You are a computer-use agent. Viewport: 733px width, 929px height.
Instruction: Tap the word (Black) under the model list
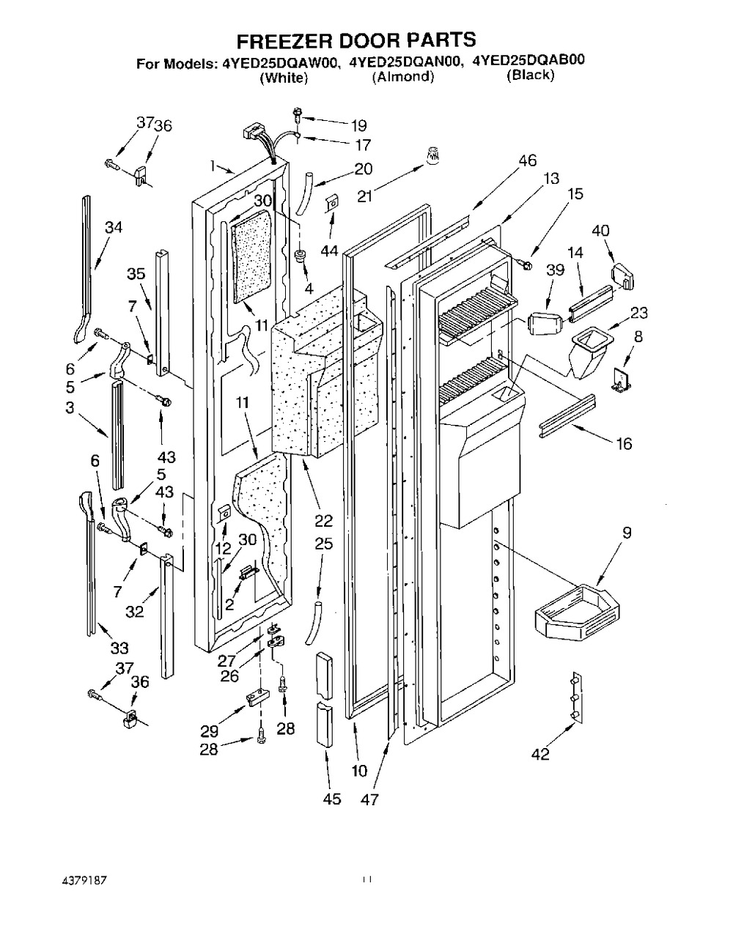(x=530, y=75)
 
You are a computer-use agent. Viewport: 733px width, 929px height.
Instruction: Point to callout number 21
(x=365, y=197)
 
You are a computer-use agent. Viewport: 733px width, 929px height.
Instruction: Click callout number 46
(x=528, y=160)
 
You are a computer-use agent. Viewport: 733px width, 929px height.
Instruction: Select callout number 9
(x=627, y=533)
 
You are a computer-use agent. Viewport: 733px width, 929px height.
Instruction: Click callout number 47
(x=369, y=799)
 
